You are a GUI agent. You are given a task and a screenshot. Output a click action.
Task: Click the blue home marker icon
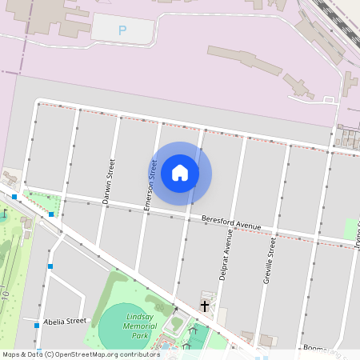point(180,172)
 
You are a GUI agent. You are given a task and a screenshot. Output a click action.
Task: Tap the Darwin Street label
point(110,182)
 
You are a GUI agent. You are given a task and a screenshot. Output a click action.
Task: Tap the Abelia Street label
point(65,321)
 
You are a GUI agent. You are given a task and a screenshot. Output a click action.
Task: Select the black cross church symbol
point(204,306)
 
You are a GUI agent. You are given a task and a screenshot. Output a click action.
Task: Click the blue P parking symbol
point(122,30)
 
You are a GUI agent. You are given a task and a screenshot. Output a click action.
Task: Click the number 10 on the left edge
point(6,297)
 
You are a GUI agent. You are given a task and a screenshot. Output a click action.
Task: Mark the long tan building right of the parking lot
point(244,62)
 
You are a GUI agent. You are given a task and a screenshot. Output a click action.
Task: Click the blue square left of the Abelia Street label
point(37,325)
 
